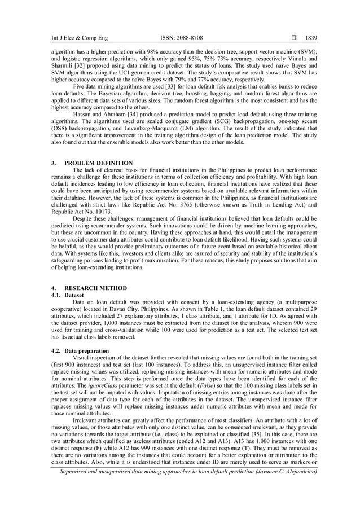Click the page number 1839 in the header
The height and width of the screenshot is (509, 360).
click(311, 38)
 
